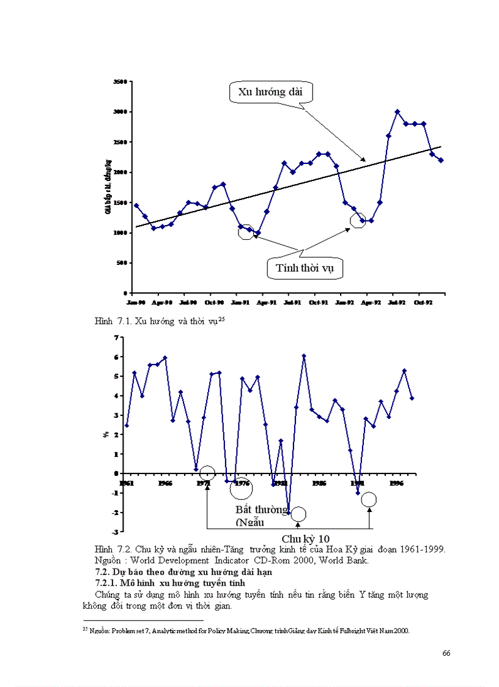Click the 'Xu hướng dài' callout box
pos(271,93)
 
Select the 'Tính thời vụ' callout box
pos(305,268)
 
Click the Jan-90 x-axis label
pos(136,302)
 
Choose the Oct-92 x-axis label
pos(423,302)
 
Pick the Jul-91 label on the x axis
pos(292,302)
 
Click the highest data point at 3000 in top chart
pos(397,112)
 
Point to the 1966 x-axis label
pos(164,483)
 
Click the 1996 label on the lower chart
pos(397,483)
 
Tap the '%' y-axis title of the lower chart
pos(105,435)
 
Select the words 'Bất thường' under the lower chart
pos(262,510)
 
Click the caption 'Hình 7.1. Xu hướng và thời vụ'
pos(162,321)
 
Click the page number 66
pos(446,653)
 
